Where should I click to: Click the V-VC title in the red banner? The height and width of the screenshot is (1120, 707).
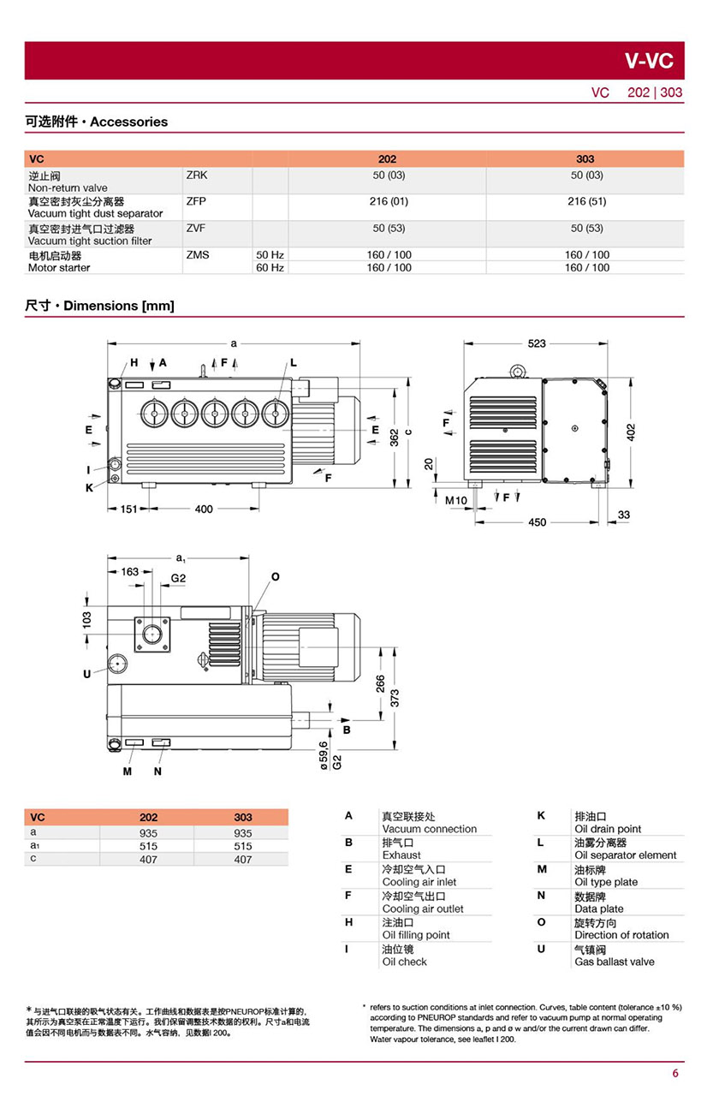point(649,61)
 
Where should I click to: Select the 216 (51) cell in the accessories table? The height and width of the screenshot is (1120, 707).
point(586,201)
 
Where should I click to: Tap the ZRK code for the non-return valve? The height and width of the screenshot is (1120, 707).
point(196,175)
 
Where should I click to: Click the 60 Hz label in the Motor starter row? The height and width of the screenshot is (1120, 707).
point(270,267)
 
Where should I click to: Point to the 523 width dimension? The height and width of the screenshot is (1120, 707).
point(537,343)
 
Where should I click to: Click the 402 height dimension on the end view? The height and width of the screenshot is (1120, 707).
point(631,432)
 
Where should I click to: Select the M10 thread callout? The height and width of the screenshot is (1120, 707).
point(455,500)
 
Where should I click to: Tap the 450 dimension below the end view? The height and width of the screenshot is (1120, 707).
point(538,522)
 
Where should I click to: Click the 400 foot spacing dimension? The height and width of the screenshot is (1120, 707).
point(204,509)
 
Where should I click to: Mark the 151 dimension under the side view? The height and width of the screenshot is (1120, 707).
point(128,509)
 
